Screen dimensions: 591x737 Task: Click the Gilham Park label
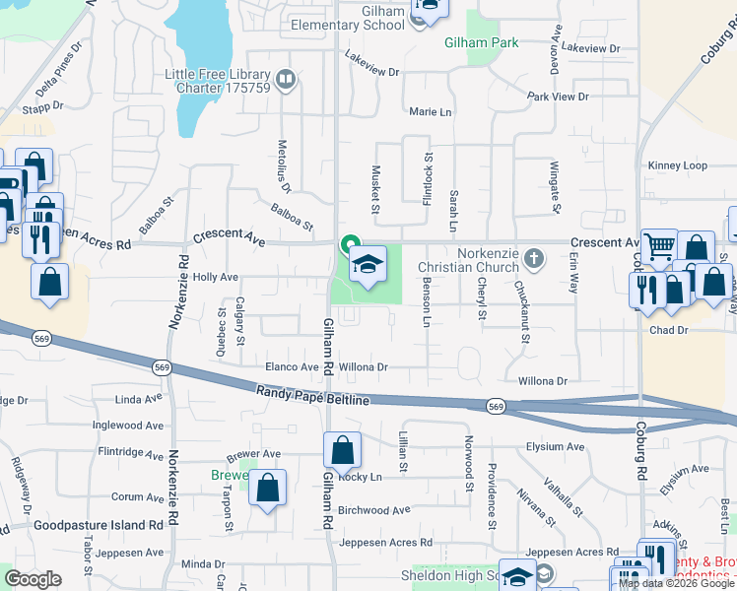pos(481,43)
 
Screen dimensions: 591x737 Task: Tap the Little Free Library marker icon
pos(286,79)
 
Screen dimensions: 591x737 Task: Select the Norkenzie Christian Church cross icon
pos(534,259)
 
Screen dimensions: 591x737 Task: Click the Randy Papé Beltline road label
pos(312,396)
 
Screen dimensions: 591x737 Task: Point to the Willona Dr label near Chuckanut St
pos(536,380)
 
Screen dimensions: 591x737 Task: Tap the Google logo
pos(33,578)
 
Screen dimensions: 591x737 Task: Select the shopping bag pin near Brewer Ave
pos(267,488)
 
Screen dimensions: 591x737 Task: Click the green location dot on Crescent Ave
pos(348,243)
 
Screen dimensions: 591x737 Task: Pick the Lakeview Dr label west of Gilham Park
pos(372,72)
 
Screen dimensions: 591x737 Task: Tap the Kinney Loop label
pos(677,165)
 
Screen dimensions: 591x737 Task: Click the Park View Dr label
pos(557,97)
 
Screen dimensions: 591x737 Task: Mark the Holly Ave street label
pos(216,278)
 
